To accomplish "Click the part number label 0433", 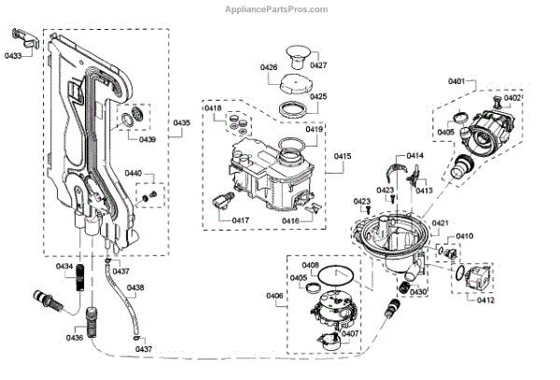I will pos(13,55).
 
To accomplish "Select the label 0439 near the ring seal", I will pos(147,139).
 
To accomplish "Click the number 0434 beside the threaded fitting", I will pos(64,267).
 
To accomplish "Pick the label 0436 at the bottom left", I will pos(75,338).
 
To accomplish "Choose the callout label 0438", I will pos(135,288).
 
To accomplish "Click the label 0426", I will pos(269,67).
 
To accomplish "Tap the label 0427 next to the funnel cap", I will pos(318,65).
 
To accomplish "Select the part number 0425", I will pos(318,96).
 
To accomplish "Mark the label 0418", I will pos(214,109).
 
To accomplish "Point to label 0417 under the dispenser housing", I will pos(215,220).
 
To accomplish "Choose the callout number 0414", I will pos(414,155).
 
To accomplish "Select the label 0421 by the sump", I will pos(441,222).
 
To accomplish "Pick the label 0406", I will pos(274,295).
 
